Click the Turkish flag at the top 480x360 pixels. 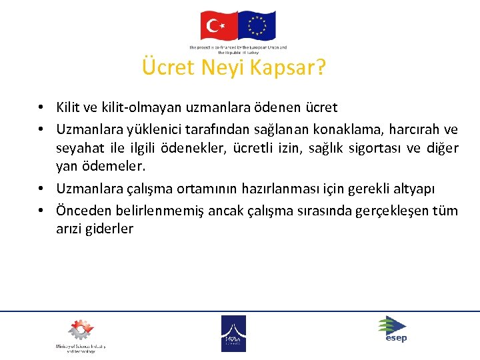(x=219, y=26)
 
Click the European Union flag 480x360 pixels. (x=257, y=26)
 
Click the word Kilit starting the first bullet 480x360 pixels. (x=68, y=107)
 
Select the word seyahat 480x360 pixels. (x=79, y=147)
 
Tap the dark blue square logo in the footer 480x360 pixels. (x=233, y=333)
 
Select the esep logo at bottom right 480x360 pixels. (x=393, y=329)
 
